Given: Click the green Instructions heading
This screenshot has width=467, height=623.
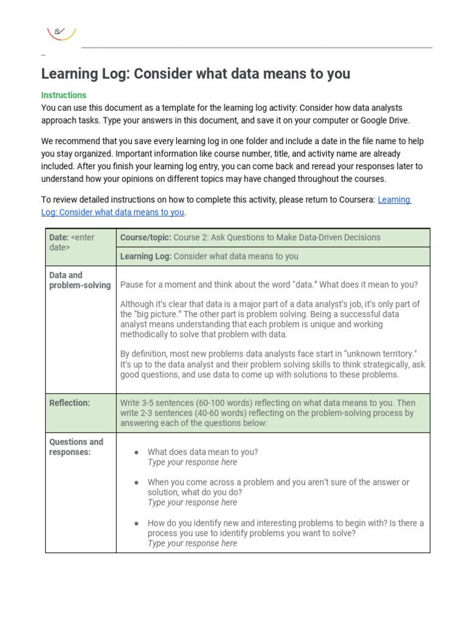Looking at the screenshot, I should (x=64, y=95).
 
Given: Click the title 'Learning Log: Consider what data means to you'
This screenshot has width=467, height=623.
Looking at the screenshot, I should (x=195, y=74).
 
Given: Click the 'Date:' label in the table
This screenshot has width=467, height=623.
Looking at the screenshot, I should (x=60, y=237).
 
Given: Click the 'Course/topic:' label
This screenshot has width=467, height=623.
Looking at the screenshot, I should (x=145, y=237).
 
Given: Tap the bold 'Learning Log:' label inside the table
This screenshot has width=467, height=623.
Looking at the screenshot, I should (x=146, y=256).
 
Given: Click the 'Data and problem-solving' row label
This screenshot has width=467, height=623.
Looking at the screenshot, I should (x=80, y=280).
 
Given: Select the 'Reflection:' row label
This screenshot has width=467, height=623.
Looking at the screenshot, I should (x=69, y=403).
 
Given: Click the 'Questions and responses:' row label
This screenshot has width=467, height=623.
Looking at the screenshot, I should (x=76, y=447).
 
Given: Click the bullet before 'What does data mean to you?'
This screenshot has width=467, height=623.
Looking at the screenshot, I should (x=137, y=453).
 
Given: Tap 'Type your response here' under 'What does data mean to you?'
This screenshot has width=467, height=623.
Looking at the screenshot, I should (x=192, y=462).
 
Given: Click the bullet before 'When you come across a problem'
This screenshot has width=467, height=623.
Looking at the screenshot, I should (x=137, y=482).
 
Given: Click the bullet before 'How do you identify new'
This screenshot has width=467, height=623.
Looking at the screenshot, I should (x=137, y=523).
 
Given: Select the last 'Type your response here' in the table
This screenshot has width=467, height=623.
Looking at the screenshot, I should (x=192, y=543).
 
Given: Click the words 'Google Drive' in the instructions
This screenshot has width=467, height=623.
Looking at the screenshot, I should (x=384, y=120).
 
